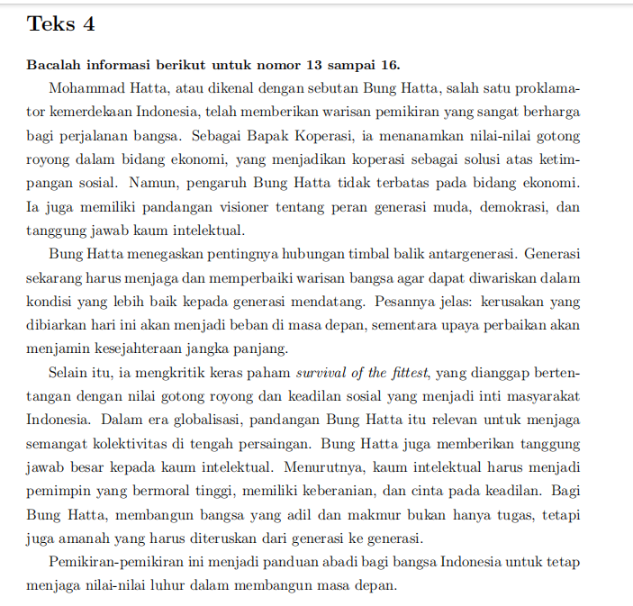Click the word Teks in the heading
50,24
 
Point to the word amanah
98,538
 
